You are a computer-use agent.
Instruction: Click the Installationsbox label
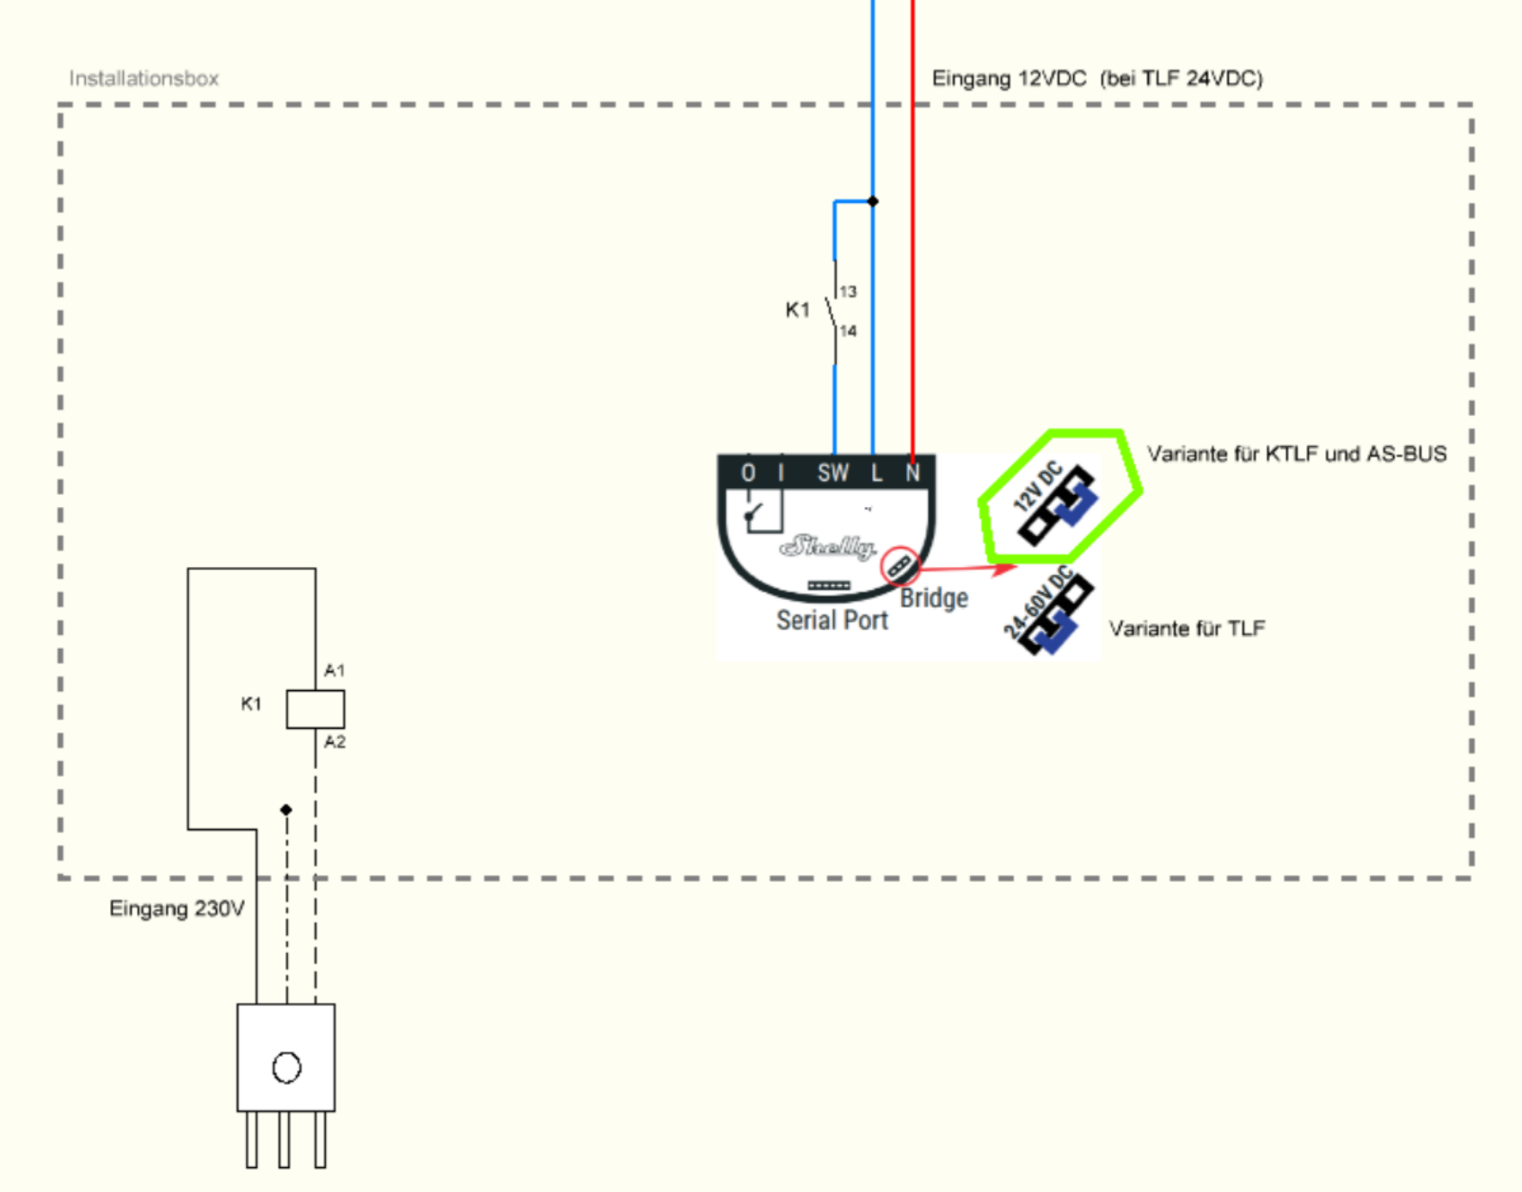click(x=144, y=78)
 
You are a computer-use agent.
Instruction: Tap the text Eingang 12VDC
click(x=1009, y=78)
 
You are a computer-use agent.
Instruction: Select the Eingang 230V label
click(x=176, y=908)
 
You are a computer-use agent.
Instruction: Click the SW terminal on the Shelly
click(x=832, y=473)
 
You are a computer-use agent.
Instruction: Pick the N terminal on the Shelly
click(x=912, y=473)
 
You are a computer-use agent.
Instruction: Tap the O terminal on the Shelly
click(x=748, y=473)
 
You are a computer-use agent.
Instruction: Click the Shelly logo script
click(x=827, y=547)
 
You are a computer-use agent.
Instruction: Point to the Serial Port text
click(x=832, y=620)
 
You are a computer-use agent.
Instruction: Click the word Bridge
click(x=934, y=597)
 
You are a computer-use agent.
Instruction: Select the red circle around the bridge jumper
click(x=899, y=566)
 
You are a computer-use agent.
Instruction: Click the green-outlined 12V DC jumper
click(x=1057, y=502)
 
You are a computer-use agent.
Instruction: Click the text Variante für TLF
click(x=1187, y=628)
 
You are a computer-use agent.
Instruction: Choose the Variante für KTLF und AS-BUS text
click(x=1297, y=454)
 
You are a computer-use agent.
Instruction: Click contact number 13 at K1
click(x=849, y=291)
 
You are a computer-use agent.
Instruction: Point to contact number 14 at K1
click(x=849, y=331)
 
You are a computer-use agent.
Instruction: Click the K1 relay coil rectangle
click(x=316, y=709)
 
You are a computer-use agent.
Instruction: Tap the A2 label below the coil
click(x=334, y=742)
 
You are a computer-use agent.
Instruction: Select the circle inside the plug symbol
click(x=286, y=1068)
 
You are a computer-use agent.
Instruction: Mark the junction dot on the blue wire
click(x=873, y=201)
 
